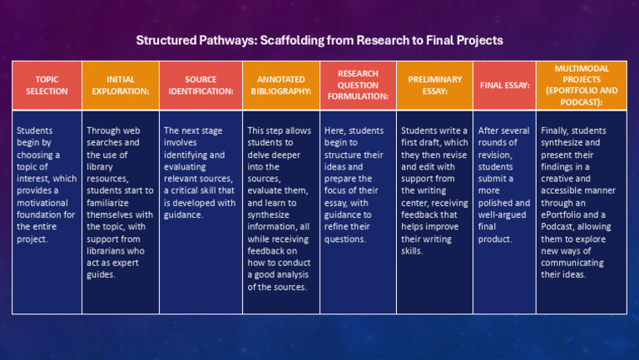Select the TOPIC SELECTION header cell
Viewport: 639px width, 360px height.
(47, 85)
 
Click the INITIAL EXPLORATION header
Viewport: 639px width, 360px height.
(121, 85)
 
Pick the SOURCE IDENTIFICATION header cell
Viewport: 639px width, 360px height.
(201, 85)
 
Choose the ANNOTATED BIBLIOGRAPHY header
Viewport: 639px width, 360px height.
(281, 85)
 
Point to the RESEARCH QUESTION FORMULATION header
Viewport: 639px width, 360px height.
(358, 85)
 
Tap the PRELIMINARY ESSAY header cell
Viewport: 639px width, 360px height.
(434, 85)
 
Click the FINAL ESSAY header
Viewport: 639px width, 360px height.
(504, 85)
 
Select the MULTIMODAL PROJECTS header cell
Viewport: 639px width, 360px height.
(581, 85)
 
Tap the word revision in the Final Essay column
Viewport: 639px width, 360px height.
(498, 155)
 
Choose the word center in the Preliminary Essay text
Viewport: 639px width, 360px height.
(417, 202)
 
